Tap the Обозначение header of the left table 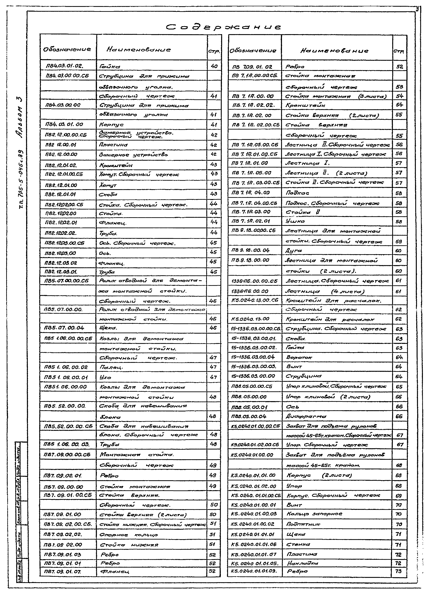[67, 49]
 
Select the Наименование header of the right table [334, 51]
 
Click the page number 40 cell [214, 66]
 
